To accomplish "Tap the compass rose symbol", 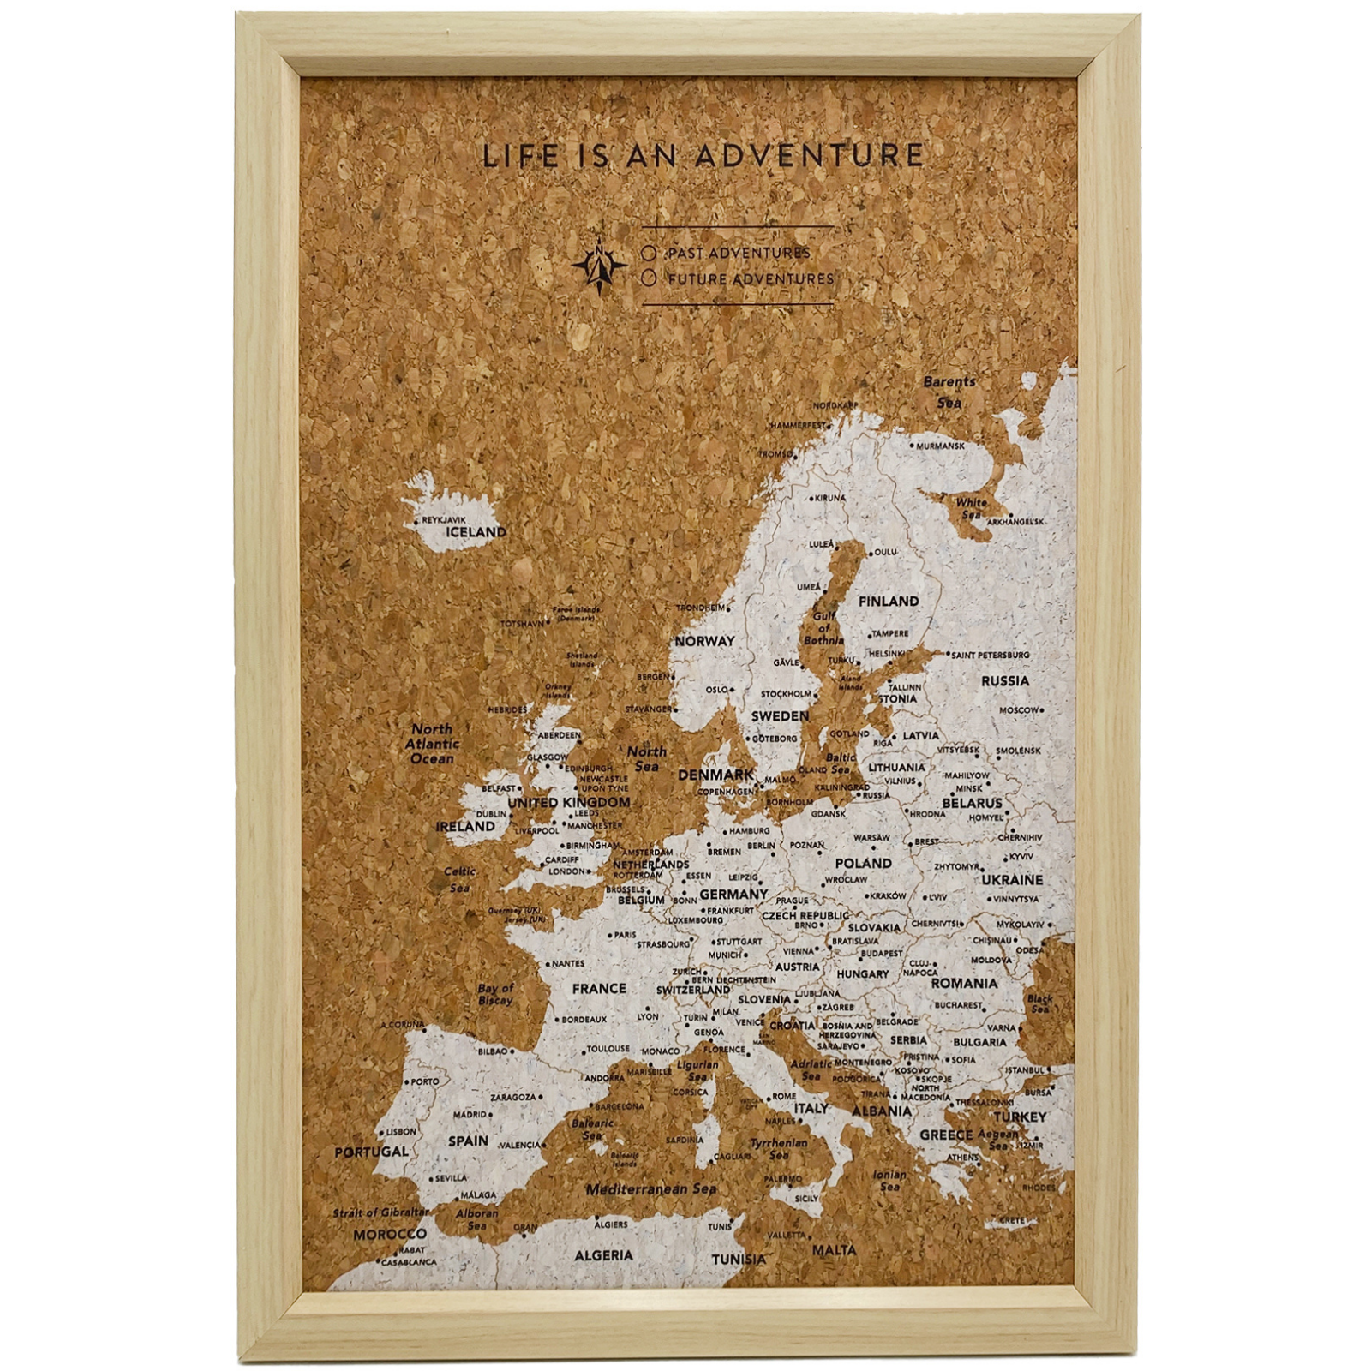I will pos(600,265).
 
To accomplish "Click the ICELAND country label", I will pos(476,532).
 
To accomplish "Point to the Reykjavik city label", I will pos(444,519).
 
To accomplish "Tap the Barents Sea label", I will pos(949,392).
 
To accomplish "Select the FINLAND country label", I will pos(889,602).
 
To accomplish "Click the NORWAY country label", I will pos(704,641).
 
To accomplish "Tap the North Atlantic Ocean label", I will pos(432,745).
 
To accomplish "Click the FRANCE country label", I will pos(599,989).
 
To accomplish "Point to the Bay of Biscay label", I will pos(495,994).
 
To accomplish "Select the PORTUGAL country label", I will pos(371,1152).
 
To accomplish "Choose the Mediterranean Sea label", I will pos(651,1189).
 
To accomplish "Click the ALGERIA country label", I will pos(603,1256).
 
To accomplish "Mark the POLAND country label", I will pos(863,863).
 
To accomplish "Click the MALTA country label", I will pos(834,1250).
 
